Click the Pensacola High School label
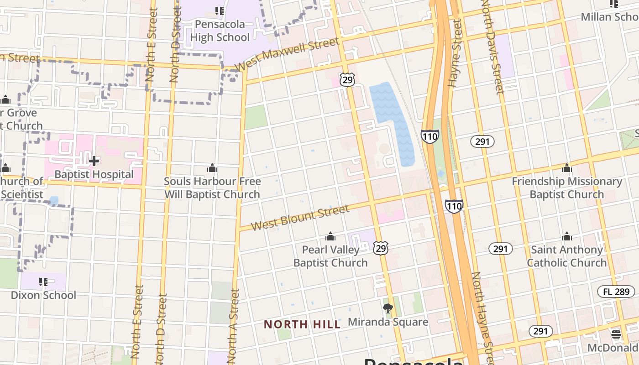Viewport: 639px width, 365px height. (x=220, y=31)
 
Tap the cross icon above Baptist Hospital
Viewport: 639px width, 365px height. (x=94, y=161)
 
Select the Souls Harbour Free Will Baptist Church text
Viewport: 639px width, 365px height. (x=212, y=188)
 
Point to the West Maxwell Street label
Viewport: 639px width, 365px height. (x=287, y=54)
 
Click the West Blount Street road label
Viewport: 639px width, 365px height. (x=300, y=218)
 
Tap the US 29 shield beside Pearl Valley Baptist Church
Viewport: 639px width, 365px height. (x=380, y=248)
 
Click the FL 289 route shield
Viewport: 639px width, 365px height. (x=616, y=292)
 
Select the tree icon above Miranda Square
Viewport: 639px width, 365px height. (x=388, y=308)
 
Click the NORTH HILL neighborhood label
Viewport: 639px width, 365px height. (x=302, y=324)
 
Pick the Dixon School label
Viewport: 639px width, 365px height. (x=43, y=295)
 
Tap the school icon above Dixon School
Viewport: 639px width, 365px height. (x=43, y=282)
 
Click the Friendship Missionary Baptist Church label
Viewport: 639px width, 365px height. (x=566, y=188)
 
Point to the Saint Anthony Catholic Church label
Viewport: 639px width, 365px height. (x=566, y=256)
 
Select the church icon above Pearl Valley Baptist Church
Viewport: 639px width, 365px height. (x=330, y=236)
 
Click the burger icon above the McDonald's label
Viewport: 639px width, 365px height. (x=616, y=334)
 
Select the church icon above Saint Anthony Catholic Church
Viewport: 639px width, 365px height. (x=567, y=236)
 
